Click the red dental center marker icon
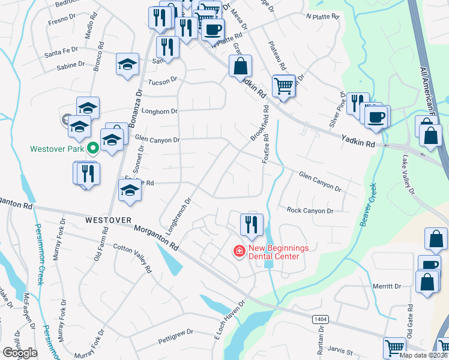click(x=239, y=251)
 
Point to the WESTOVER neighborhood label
click(x=107, y=220)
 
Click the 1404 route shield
click(x=319, y=319)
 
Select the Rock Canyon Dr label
click(x=310, y=211)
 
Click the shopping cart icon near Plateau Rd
click(x=283, y=85)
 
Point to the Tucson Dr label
click(x=163, y=79)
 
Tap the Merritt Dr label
click(x=385, y=286)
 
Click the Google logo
click(x=20, y=353)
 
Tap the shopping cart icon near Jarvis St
click(x=395, y=347)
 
